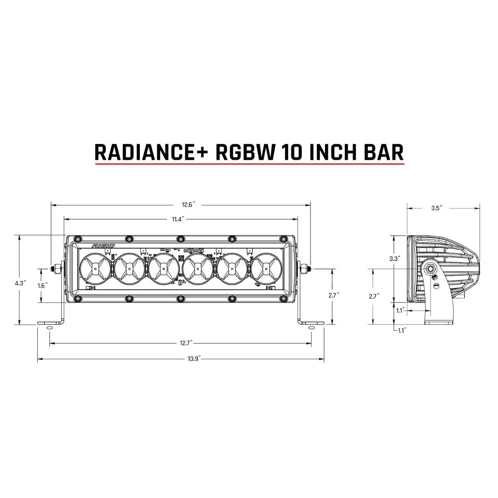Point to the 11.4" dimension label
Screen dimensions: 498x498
(x=178, y=219)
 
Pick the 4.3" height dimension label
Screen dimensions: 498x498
(x=20, y=283)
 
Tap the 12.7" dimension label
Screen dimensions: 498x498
(x=185, y=343)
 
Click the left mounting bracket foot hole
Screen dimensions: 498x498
(x=49, y=328)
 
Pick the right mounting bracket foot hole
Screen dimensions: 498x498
(x=311, y=328)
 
